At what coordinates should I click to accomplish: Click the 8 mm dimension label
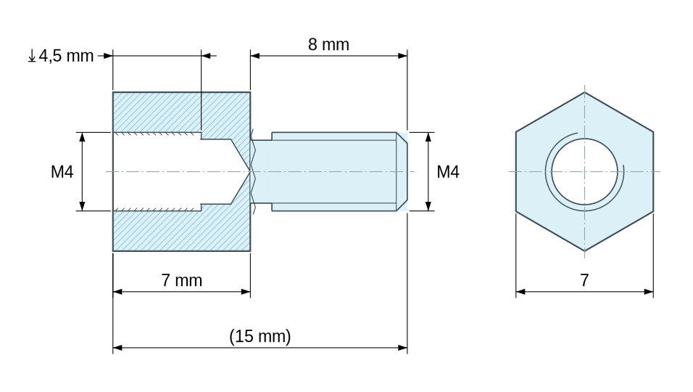(x=328, y=45)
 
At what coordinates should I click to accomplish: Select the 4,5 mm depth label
(x=66, y=56)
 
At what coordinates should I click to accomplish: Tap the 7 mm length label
(x=182, y=280)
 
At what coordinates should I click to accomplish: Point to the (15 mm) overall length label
(x=260, y=336)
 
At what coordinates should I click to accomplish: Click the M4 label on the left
(x=62, y=171)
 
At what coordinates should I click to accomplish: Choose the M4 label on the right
(x=448, y=171)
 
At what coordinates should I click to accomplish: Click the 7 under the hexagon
(x=584, y=280)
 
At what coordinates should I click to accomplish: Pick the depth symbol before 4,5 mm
(x=32, y=56)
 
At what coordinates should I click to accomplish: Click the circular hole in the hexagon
(x=584, y=171)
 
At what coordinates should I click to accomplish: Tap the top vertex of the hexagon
(x=585, y=92)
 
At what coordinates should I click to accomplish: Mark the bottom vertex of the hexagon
(x=585, y=251)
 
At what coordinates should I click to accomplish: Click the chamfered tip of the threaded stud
(x=402, y=171)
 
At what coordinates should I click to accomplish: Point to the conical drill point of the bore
(x=241, y=171)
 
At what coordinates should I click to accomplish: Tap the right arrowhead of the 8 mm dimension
(x=402, y=56)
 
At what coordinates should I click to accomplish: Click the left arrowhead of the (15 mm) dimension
(x=117, y=348)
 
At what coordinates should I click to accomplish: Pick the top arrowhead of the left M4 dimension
(x=82, y=137)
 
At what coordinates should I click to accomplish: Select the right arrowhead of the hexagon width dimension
(x=649, y=292)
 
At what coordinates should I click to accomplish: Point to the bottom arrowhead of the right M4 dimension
(x=428, y=205)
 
